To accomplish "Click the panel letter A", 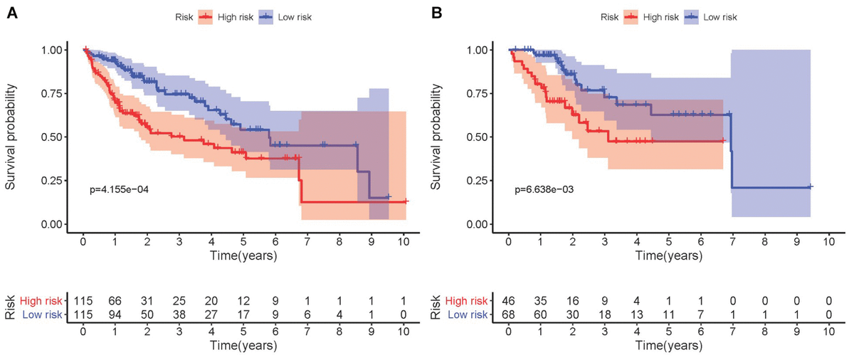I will click(x=12, y=13).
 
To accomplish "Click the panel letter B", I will click(x=437, y=13).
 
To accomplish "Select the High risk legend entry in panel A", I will click(x=221, y=16).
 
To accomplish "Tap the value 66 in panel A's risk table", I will click(x=115, y=300).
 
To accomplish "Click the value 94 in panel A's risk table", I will click(x=115, y=314).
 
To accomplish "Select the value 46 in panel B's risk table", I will click(x=508, y=300).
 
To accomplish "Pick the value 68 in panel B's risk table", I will click(x=508, y=314).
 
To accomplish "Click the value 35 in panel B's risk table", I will click(x=540, y=300).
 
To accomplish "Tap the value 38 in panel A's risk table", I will click(x=179, y=314).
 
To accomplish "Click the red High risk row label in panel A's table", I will click(x=40, y=300).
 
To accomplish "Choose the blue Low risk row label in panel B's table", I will click(x=465, y=314).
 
